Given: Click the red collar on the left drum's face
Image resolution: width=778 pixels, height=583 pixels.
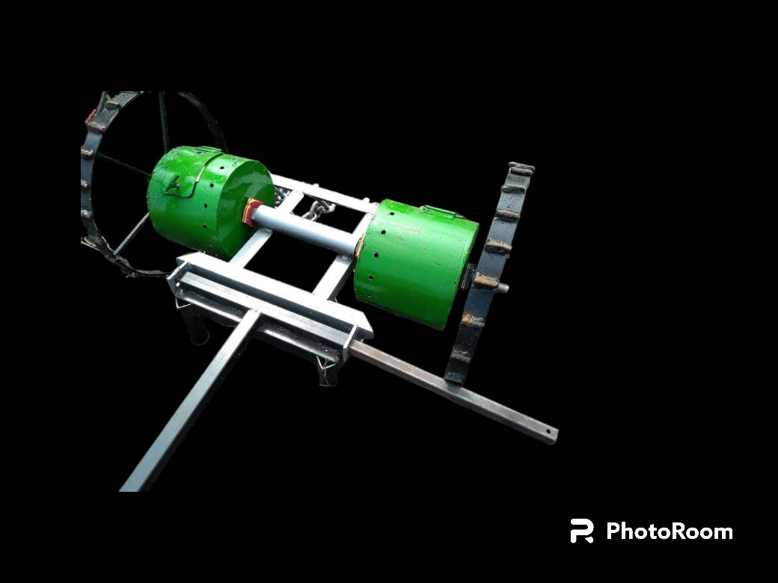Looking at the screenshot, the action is coord(251,212).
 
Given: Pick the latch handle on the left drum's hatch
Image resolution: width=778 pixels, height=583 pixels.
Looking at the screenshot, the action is coord(174,185).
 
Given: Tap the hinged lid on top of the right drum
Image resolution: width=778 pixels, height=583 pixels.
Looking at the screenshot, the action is coord(441,212).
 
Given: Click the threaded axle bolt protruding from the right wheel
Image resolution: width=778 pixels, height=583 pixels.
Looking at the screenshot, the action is coord(502,288).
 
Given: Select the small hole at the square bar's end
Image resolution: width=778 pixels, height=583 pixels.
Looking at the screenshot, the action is coord(549,432).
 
